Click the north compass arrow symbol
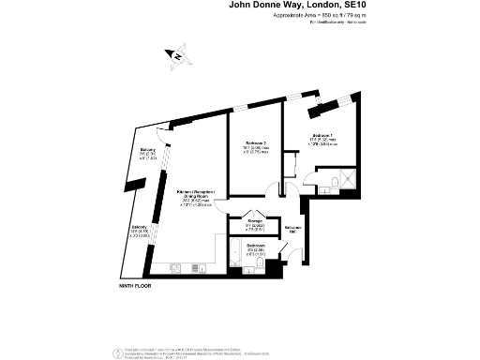[x=175, y=55]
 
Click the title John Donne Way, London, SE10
[x=300, y=6]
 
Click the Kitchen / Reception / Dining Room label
[x=196, y=197]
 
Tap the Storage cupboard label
[x=255, y=226]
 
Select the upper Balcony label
[x=147, y=154]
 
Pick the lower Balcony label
[x=139, y=230]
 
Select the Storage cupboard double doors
[x=254, y=212]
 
